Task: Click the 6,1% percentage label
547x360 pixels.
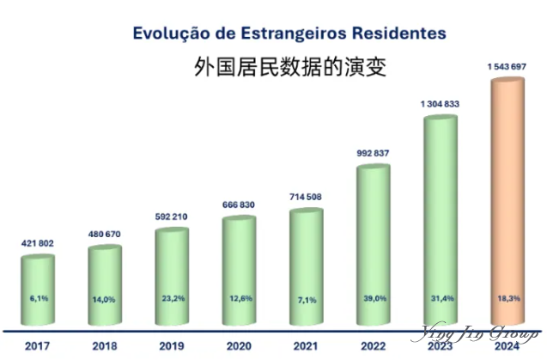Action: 37,298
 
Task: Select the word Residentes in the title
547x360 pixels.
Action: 400,34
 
